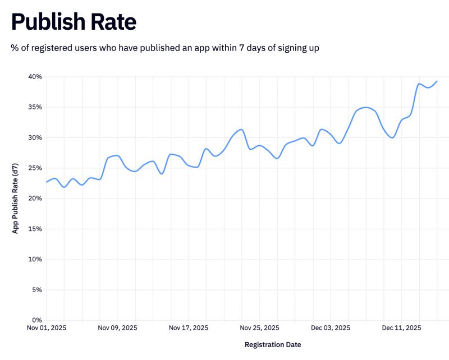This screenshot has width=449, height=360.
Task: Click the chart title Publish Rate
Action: [x=74, y=22]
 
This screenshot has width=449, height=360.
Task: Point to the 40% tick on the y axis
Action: [x=34, y=77]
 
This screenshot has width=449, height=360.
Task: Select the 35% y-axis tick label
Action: [x=34, y=107]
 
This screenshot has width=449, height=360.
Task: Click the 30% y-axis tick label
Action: [x=34, y=137]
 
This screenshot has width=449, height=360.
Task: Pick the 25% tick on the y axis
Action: [x=34, y=168]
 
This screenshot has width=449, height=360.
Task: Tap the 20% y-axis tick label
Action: [x=34, y=199]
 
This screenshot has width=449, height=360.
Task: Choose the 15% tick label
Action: [x=34, y=229]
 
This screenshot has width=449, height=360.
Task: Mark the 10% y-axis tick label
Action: [x=34, y=259]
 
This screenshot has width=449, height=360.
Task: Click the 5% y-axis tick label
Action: [x=36, y=290]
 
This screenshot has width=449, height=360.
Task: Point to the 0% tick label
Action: [x=36, y=320]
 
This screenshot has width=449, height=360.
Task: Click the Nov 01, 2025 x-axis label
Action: [x=47, y=327]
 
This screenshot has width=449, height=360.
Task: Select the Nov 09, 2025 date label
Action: [x=117, y=327]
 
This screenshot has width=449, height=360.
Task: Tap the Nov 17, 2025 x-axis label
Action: [x=189, y=327]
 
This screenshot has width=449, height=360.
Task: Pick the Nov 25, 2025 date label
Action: [x=259, y=327]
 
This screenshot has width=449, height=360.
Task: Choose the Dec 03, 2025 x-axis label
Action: [x=331, y=327]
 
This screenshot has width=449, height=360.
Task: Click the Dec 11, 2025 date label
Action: [x=401, y=327]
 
